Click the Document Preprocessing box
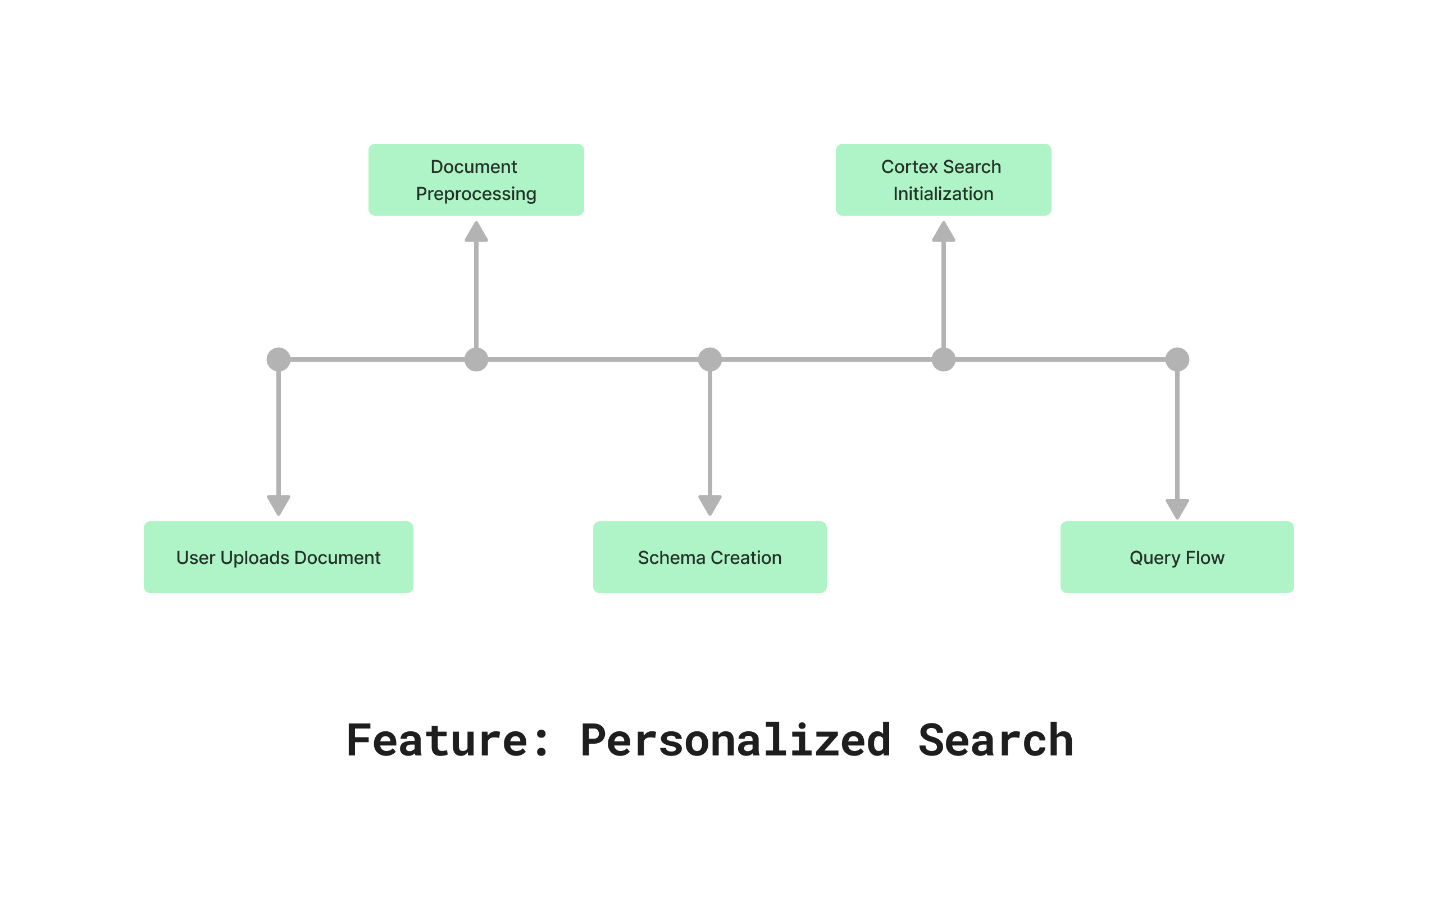pyautogui.click(x=476, y=180)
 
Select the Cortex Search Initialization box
pyautogui.click(x=943, y=180)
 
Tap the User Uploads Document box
pyautogui.click(x=278, y=557)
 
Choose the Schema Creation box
pyautogui.click(x=709, y=557)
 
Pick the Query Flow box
pyautogui.click(x=1176, y=557)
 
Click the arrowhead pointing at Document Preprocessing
pyautogui.click(x=476, y=233)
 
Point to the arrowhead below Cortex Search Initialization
pyautogui.click(x=943, y=233)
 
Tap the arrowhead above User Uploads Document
pyautogui.click(x=278, y=505)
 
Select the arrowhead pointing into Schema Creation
pyautogui.click(x=709, y=505)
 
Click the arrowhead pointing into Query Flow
pyautogui.click(x=1176, y=508)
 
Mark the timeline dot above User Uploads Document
pyautogui.click(x=278, y=359)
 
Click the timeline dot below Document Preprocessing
pyautogui.click(x=476, y=359)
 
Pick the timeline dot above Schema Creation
pyautogui.click(x=709, y=359)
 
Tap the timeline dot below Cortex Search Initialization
pyautogui.click(x=943, y=359)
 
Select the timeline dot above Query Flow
pyautogui.click(x=1176, y=359)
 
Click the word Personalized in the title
pyautogui.click(x=735, y=741)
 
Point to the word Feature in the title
pyautogui.click(x=438, y=741)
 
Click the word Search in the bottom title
pyautogui.click(x=995, y=741)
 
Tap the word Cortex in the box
pyautogui.click(x=909, y=167)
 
